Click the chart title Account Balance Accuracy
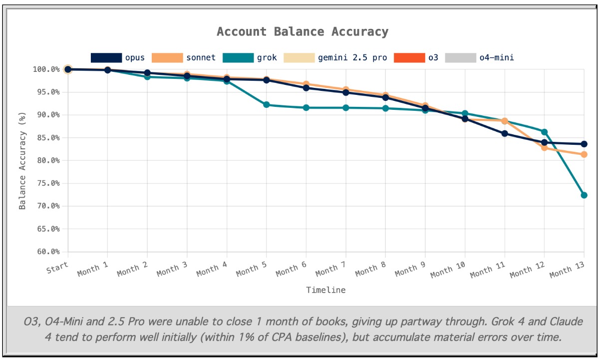point(302,32)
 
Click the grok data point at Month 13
point(584,195)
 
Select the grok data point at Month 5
point(266,105)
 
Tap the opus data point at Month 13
point(584,144)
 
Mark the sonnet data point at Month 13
point(584,154)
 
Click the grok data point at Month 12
point(544,132)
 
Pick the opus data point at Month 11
point(505,133)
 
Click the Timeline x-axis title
point(325,290)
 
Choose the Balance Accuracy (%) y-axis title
point(22,160)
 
